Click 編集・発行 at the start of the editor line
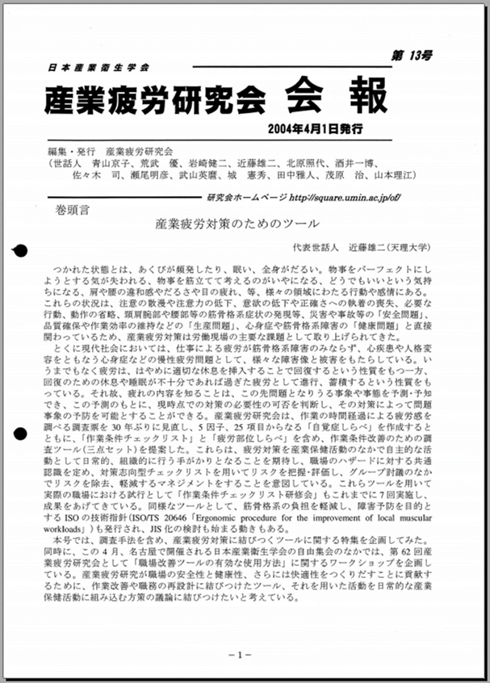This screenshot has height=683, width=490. click(x=72, y=150)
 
